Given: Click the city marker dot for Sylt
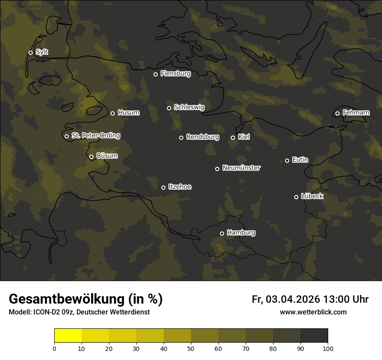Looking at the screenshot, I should click(30, 52).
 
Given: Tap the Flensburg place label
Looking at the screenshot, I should click(175, 74).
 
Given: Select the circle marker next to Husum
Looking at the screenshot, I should click(112, 113).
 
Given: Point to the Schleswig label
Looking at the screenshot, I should click(189, 107).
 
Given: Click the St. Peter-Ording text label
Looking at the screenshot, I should click(95, 136).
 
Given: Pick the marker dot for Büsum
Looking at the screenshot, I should click(91, 157).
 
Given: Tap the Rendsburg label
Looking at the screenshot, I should click(202, 137).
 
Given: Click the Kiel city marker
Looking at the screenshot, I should click(233, 137).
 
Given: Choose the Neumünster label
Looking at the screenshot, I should click(241, 168).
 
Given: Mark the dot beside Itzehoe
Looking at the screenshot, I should click(163, 187).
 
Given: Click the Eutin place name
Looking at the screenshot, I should click(300, 160).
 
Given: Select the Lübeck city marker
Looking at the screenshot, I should click(296, 197).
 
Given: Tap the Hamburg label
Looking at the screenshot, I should click(241, 233).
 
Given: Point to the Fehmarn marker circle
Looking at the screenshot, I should click(337, 113).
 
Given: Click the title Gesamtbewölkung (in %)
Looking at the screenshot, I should click(86, 299).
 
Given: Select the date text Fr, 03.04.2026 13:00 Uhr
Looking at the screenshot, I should click(310, 299).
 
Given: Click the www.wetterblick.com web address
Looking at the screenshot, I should click(313, 312).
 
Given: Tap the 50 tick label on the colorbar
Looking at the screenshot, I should click(191, 348).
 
